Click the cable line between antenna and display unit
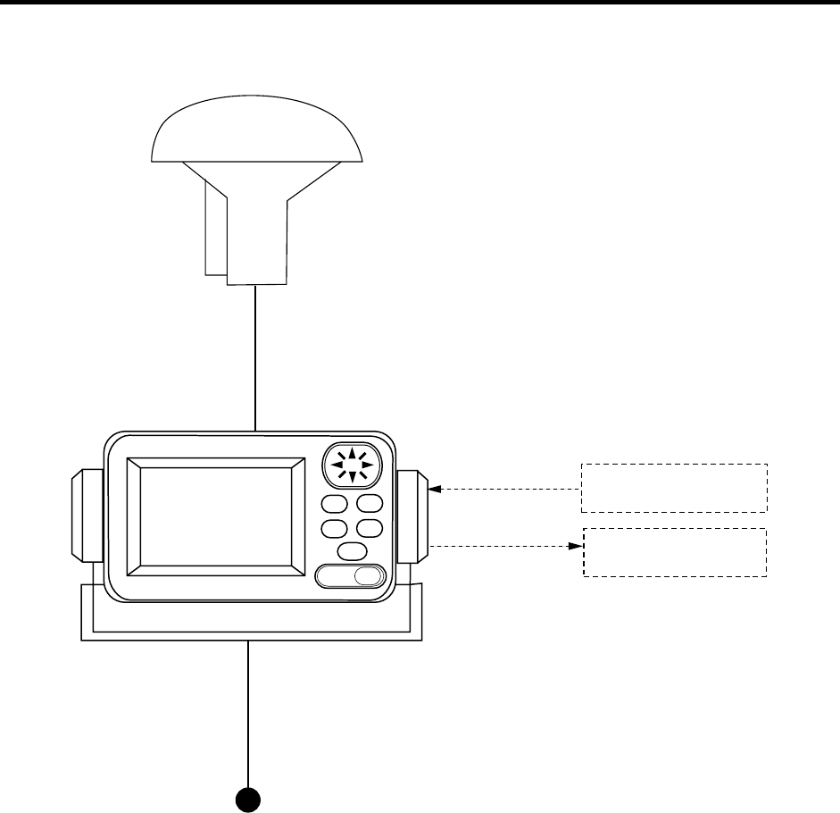(x=256, y=357)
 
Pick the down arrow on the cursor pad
(x=353, y=477)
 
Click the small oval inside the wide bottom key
(x=367, y=576)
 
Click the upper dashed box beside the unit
(x=674, y=488)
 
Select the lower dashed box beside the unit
(x=675, y=552)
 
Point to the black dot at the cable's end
(x=247, y=798)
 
